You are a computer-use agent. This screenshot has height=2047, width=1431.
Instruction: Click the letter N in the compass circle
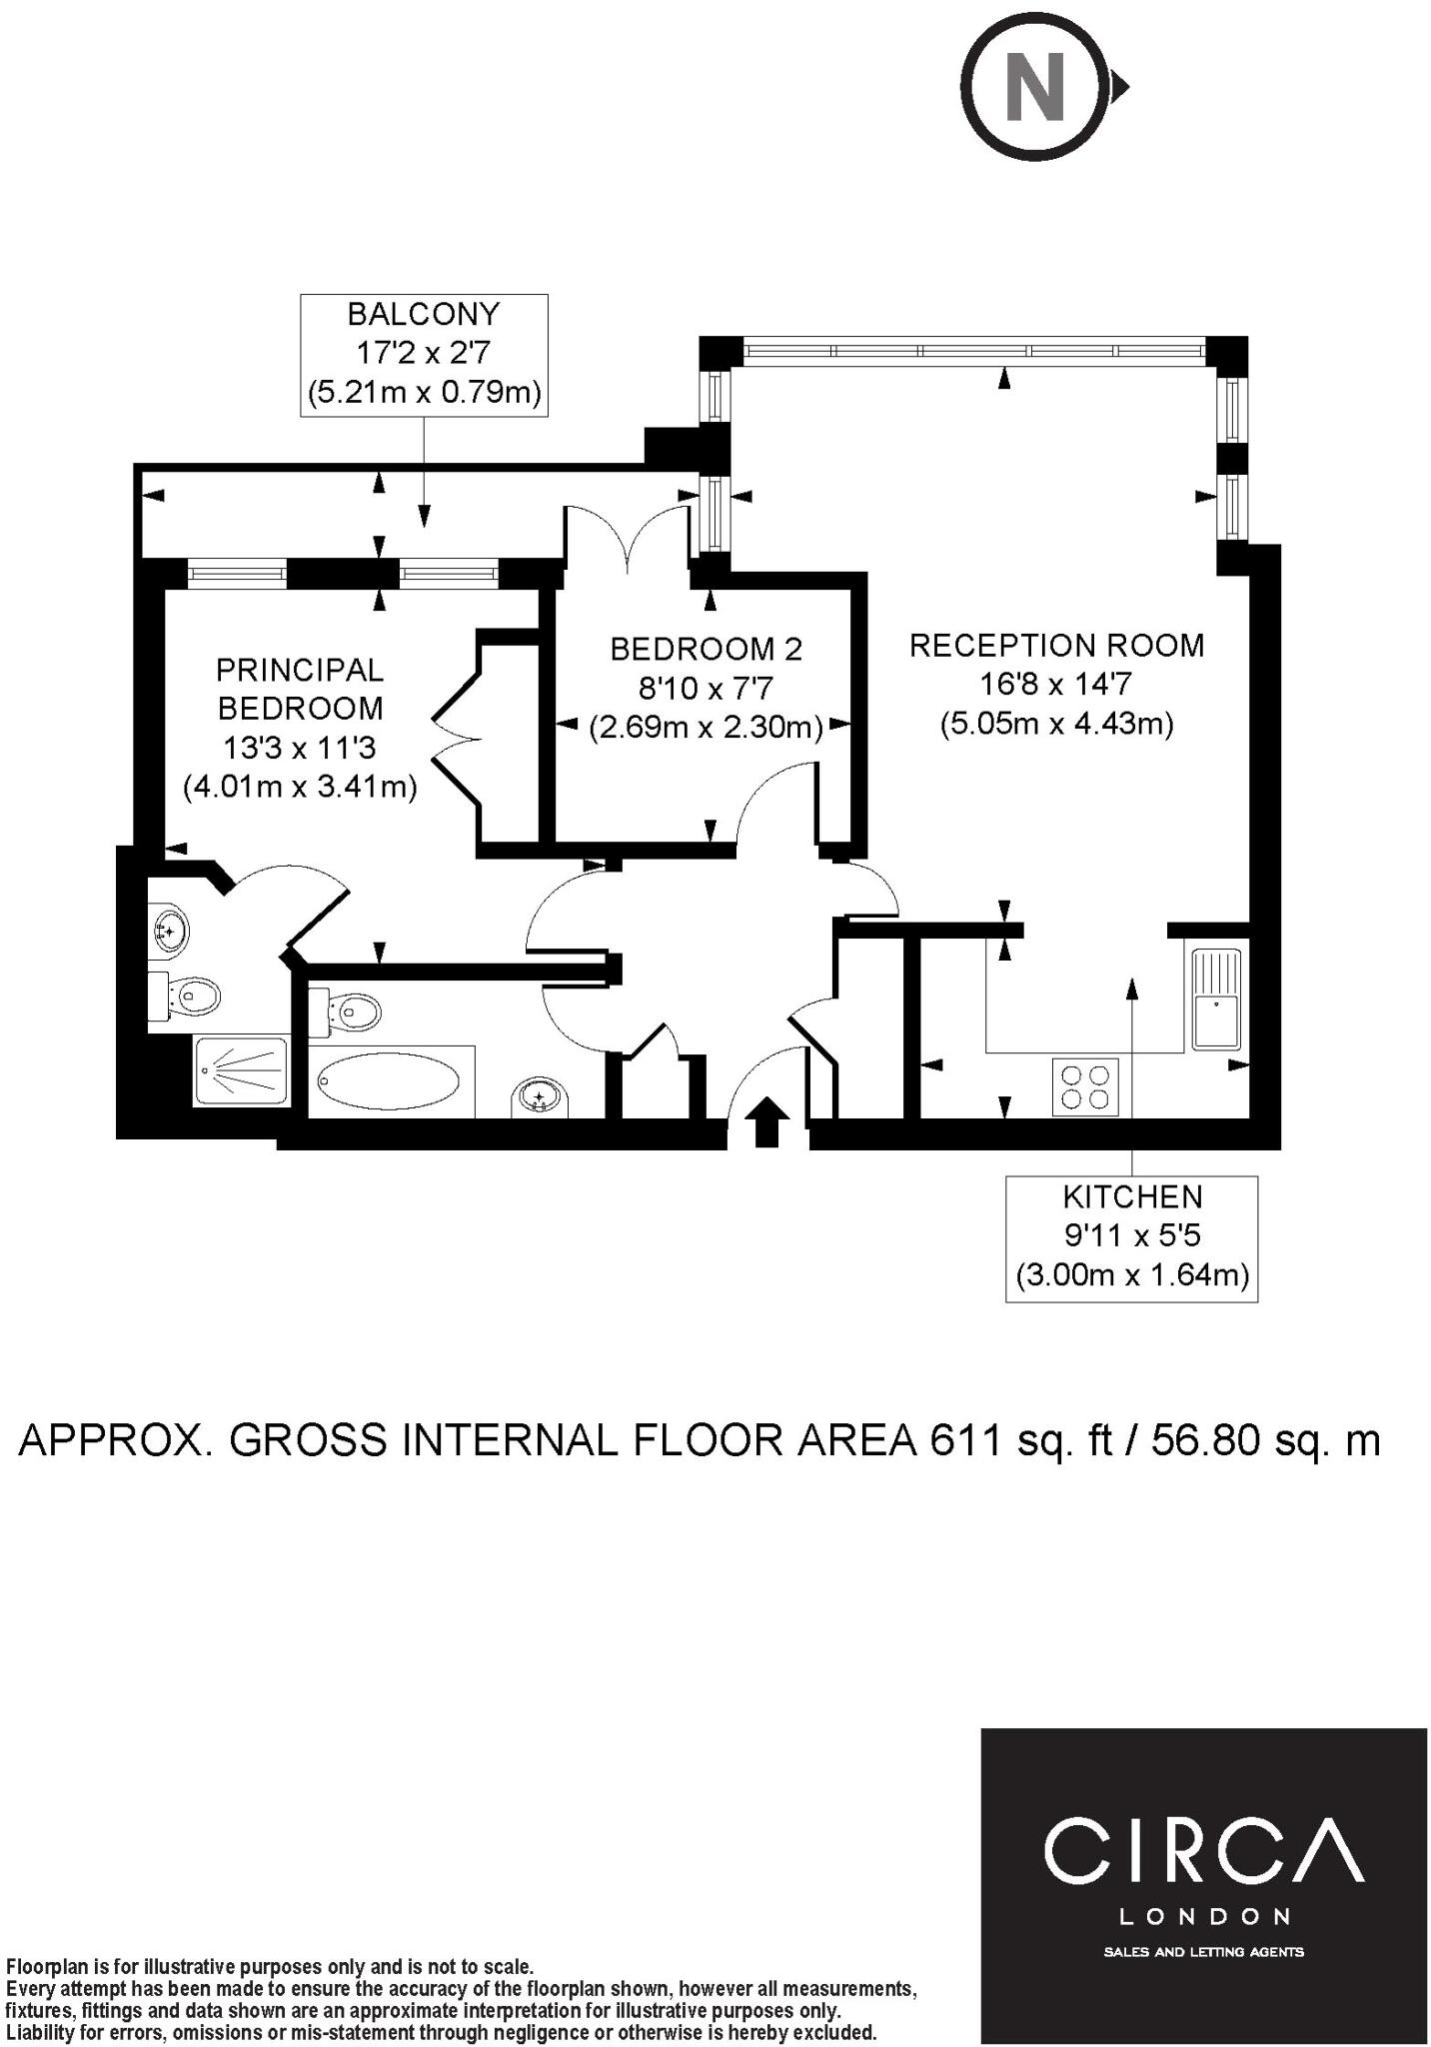coord(1034,87)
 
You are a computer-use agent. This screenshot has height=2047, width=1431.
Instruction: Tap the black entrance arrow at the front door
coord(766,1120)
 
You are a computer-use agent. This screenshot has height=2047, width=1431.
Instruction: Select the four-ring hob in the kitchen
coord(1085,1087)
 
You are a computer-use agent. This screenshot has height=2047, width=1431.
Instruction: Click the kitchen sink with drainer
coord(1216,999)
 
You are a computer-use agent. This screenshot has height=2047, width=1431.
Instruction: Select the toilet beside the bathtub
coord(347,1013)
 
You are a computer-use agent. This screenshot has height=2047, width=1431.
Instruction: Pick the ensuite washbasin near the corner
coord(168,930)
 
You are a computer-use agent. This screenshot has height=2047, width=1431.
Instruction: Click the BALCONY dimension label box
coord(425,354)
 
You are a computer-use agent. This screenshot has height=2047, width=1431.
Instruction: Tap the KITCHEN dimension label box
coord(1131,1237)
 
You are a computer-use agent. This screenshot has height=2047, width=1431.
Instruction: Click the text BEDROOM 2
coord(706,650)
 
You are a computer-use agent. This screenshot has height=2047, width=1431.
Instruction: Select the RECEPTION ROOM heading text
coord(1056,646)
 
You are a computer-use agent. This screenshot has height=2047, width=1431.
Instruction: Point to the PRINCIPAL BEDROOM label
coord(300,688)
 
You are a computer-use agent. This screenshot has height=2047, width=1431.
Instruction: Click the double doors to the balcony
coord(627,540)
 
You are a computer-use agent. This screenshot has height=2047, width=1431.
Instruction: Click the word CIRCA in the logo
coord(1203,1848)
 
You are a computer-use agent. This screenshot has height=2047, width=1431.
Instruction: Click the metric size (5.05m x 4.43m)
coord(1056,723)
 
